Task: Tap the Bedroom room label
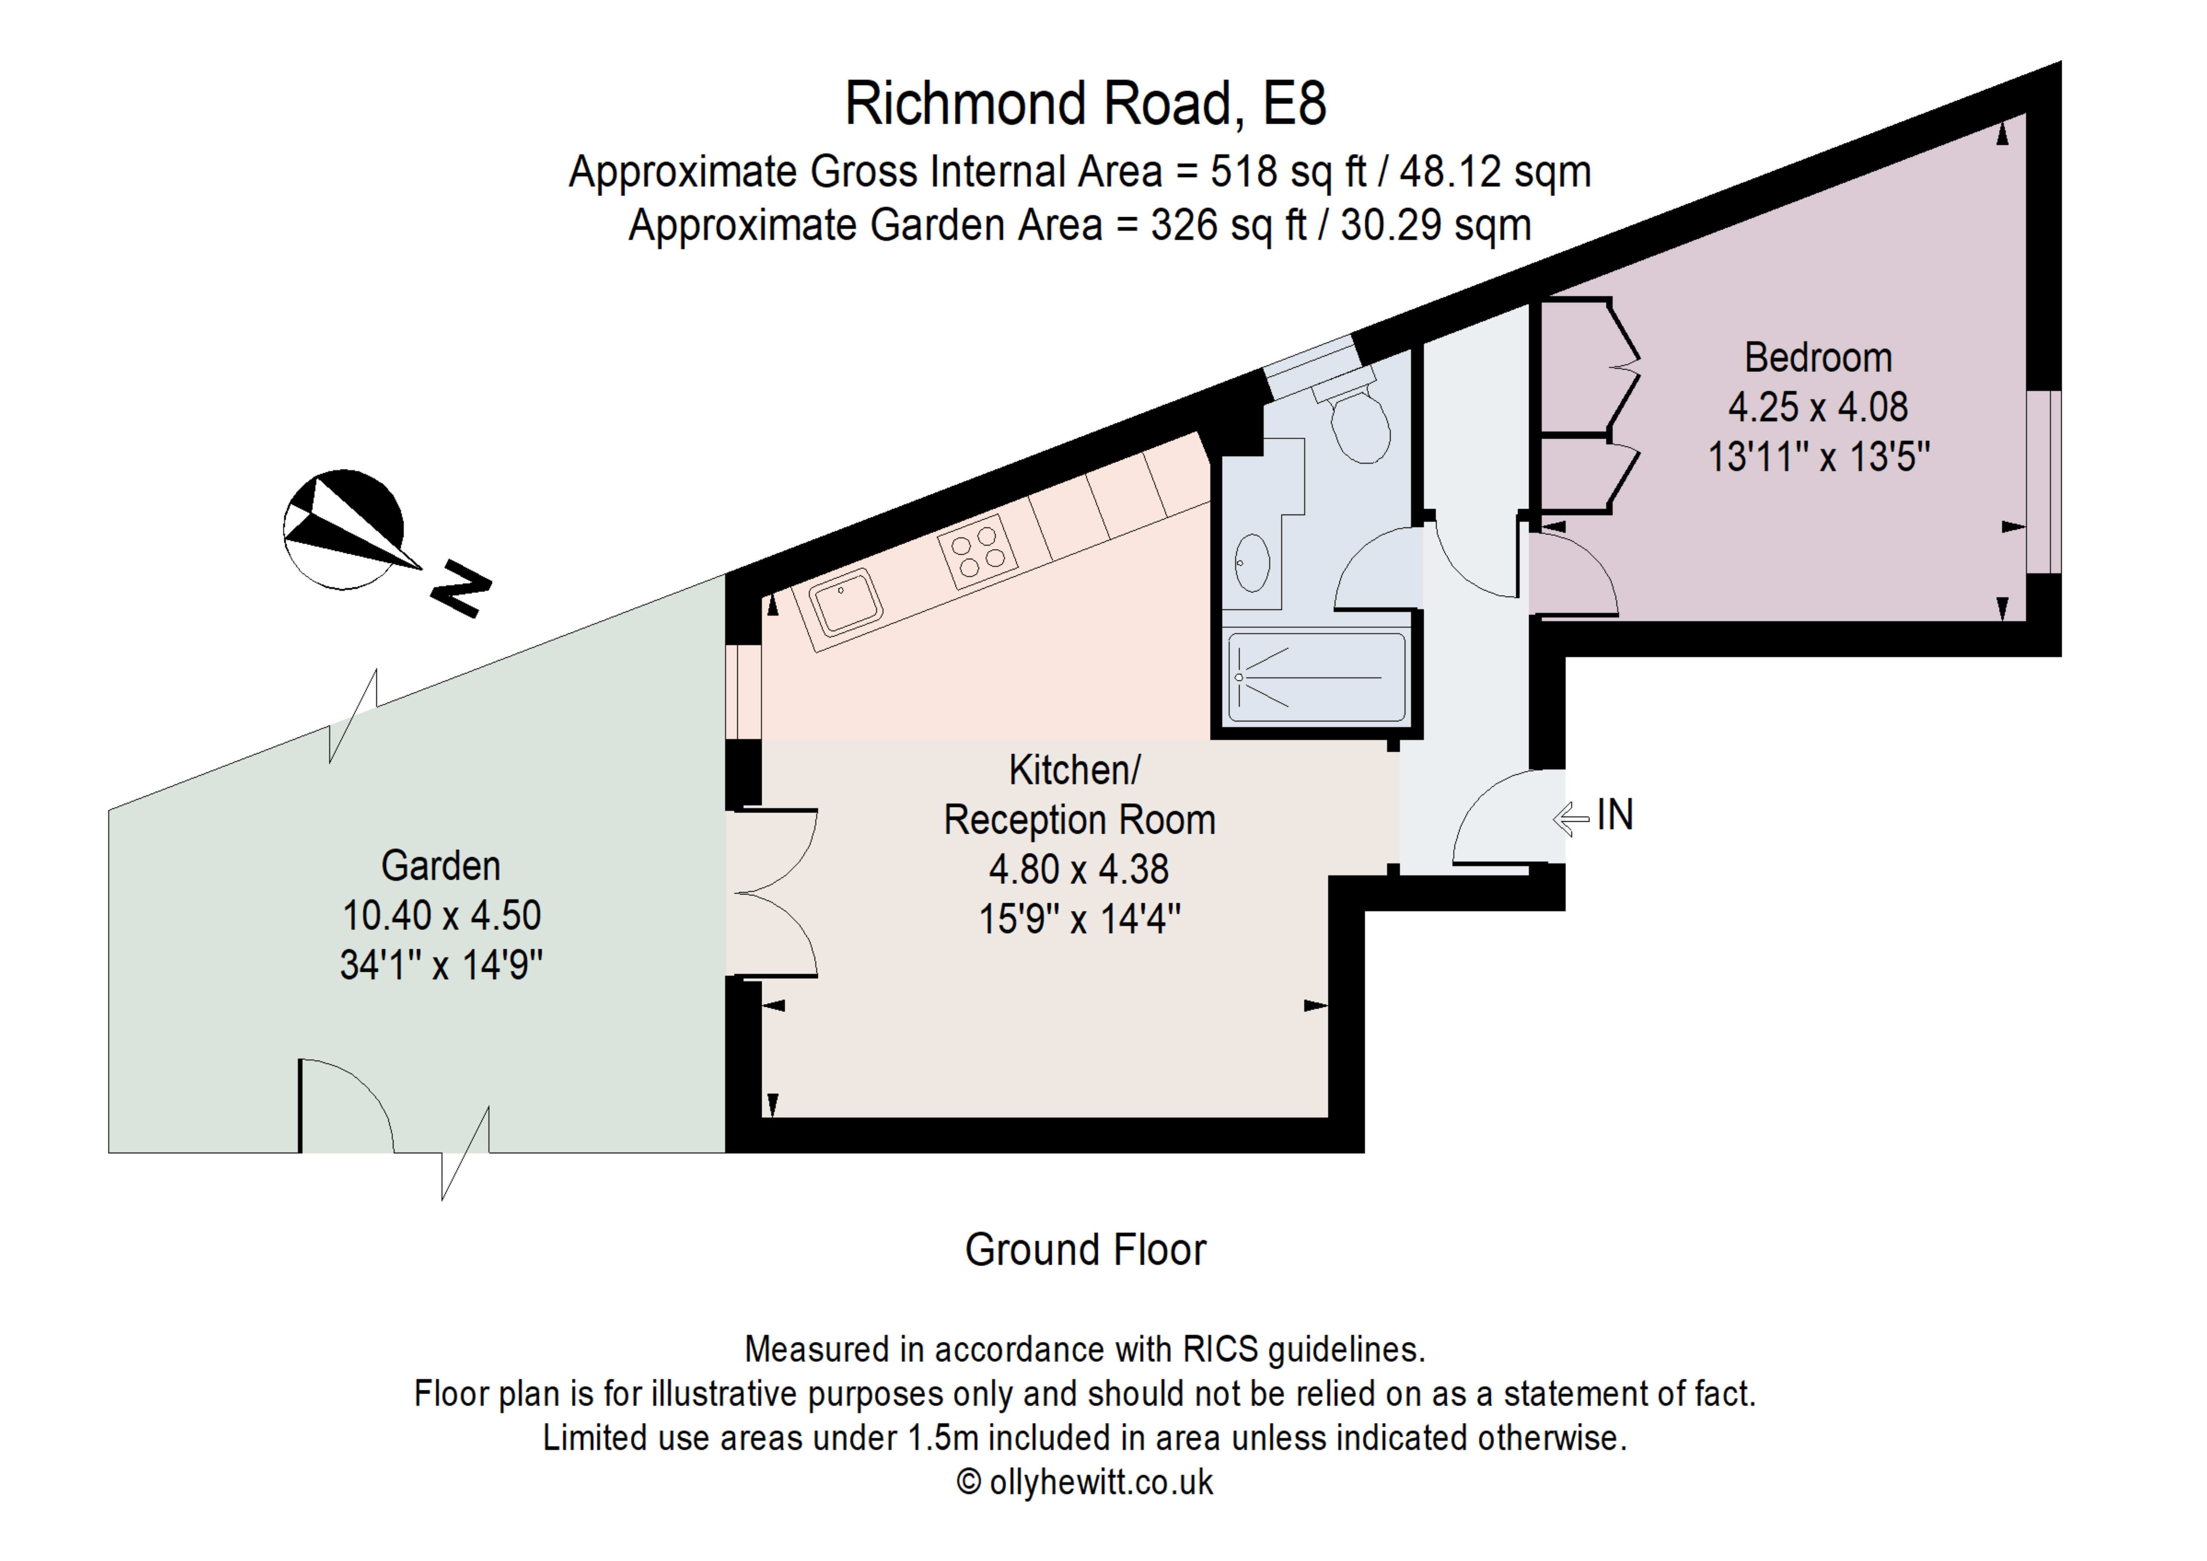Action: click(x=1818, y=358)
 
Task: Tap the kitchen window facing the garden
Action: click(x=743, y=692)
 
